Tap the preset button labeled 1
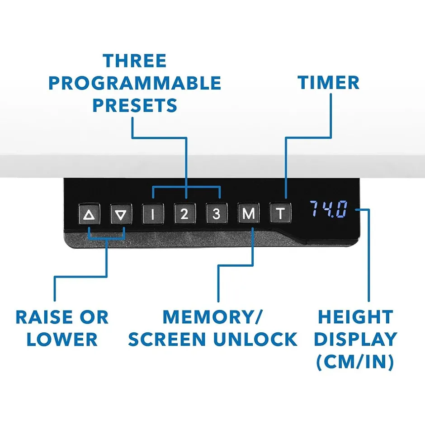[x=152, y=214]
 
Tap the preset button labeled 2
[x=184, y=214]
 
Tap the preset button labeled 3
[x=216, y=214]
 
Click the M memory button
[x=248, y=213]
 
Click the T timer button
[x=280, y=213]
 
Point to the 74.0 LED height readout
[x=328, y=209]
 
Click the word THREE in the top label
[x=135, y=61]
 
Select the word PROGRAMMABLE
[x=135, y=83]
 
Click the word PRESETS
[x=135, y=105]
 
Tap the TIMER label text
[x=328, y=83]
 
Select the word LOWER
[x=62, y=340]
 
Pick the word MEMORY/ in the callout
[x=212, y=317]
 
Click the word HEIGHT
[x=355, y=317]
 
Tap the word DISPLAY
[x=355, y=340]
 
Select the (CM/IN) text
[x=355, y=362]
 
